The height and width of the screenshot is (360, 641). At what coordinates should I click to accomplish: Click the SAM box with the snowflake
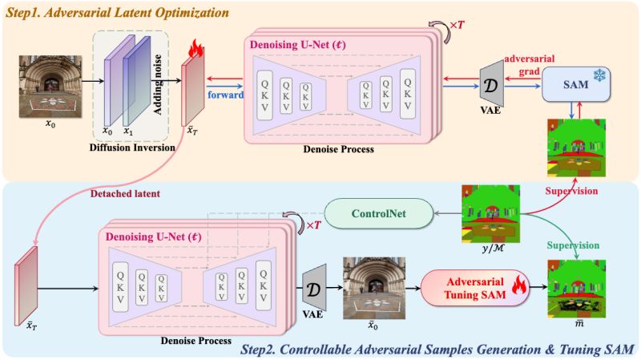tap(576, 84)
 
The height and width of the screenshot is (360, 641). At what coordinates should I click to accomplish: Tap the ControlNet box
tap(378, 213)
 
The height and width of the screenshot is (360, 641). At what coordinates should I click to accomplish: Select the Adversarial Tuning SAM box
tap(475, 288)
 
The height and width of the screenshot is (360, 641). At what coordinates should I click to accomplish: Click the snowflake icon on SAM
tap(599, 75)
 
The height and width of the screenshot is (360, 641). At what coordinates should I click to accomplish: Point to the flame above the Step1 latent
tap(196, 48)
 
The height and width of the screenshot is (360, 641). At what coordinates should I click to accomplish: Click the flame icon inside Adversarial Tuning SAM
tap(518, 285)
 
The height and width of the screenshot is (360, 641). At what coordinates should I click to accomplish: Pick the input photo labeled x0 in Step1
tap(50, 87)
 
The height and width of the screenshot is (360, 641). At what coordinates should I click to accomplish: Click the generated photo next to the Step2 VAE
tap(374, 288)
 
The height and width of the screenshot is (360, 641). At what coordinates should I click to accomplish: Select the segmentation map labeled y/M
tap(490, 213)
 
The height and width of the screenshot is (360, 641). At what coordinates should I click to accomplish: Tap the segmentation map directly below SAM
tap(576, 148)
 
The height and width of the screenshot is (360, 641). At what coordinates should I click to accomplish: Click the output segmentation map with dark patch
tap(576, 289)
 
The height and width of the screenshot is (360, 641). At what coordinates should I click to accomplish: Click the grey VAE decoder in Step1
tap(492, 84)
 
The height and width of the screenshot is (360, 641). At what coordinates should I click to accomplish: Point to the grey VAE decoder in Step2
tap(314, 288)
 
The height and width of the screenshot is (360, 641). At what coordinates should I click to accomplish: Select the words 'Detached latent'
tap(125, 193)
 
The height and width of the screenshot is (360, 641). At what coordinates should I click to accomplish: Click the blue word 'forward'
tap(225, 95)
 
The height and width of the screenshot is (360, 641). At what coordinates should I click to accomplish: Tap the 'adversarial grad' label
tap(530, 65)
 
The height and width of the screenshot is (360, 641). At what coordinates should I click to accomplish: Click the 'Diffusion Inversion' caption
tap(132, 148)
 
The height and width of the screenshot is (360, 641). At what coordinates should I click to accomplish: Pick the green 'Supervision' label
tap(573, 245)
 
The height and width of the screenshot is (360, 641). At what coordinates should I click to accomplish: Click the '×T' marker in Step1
tap(457, 25)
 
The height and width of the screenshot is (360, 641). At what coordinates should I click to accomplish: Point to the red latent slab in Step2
tap(26, 286)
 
